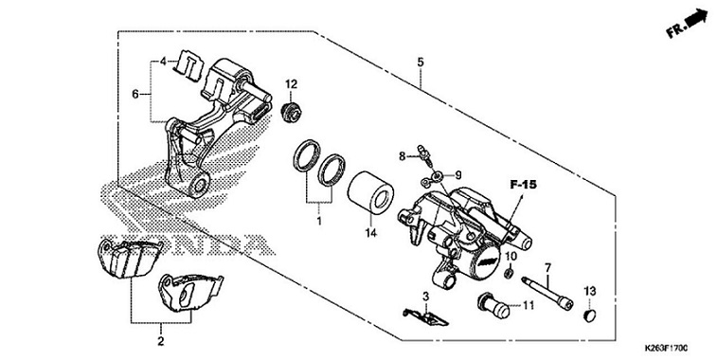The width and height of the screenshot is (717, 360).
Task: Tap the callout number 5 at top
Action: pos(420,63)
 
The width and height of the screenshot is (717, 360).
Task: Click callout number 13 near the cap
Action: pos(589,290)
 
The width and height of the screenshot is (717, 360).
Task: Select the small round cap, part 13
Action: pos(588,315)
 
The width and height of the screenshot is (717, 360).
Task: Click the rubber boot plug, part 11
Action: pos(493,305)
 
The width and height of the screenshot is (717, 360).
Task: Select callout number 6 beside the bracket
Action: pos(135,94)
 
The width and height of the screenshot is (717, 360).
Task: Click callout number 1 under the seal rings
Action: pos(319,221)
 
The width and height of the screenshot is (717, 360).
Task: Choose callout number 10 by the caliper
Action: pos(511,258)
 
